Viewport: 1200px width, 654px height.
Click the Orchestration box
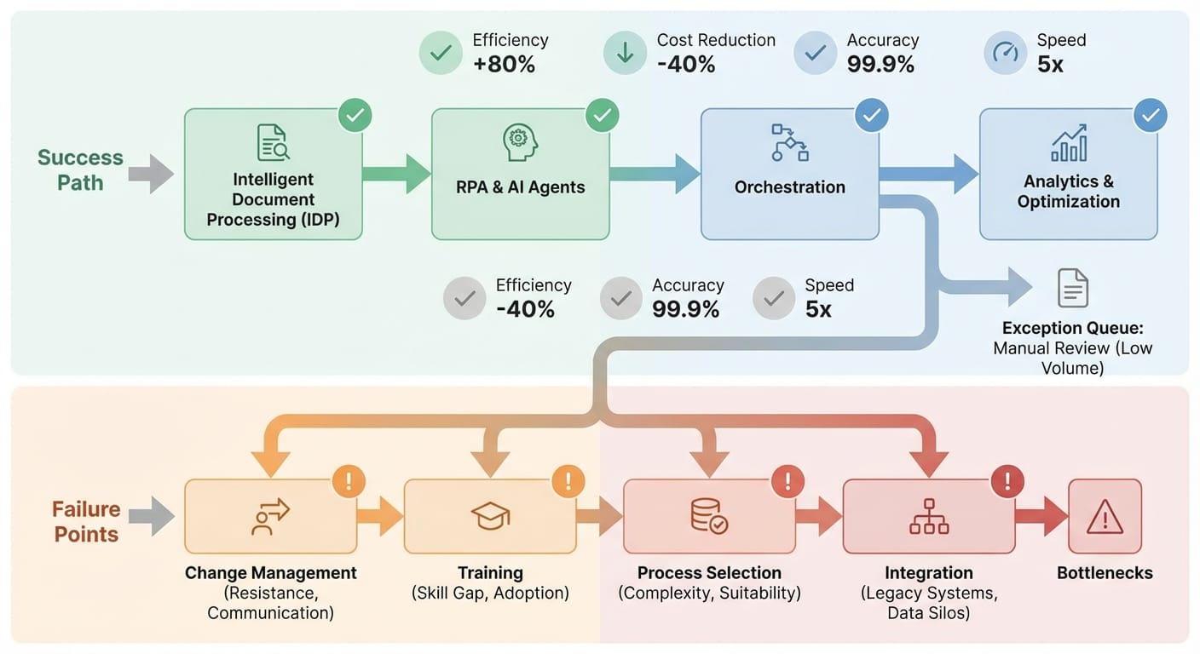(x=789, y=175)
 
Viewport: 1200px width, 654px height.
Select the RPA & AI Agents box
(x=520, y=175)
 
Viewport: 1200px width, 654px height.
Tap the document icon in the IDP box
(x=274, y=142)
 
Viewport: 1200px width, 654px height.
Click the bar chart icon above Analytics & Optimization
(x=1069, y=143)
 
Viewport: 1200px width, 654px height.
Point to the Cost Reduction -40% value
(x=686, y=64)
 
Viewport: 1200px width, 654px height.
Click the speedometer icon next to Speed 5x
(x=1005, y=53)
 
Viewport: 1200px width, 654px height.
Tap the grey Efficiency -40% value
(x=525, y=309)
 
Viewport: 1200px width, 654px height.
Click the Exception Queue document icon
(x=1073, y=288)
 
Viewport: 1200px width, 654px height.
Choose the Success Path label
(x=80, y=170)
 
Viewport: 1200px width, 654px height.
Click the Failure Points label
(x=86, y=521)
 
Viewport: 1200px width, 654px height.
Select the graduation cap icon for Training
(x=490, y=516)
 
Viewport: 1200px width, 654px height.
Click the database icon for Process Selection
(x=708, y=516)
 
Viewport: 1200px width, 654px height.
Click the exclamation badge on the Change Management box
(x=349, y=481)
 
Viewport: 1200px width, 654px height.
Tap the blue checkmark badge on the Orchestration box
(x=872, y=115)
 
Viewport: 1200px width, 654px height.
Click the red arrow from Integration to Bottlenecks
(x=1041, y=516)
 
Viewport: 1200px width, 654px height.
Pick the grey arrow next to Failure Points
(x=152, y=516)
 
